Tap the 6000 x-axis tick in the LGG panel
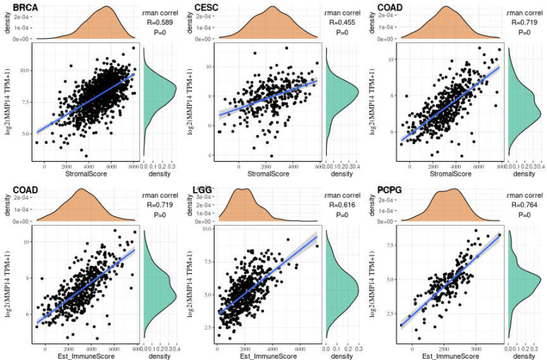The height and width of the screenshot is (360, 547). pos(299,347)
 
